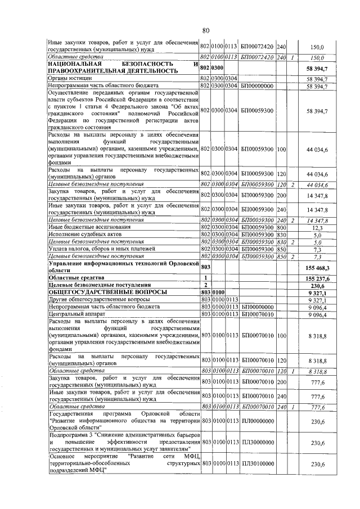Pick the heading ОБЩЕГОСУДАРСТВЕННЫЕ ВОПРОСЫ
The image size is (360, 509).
[107, 292]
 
